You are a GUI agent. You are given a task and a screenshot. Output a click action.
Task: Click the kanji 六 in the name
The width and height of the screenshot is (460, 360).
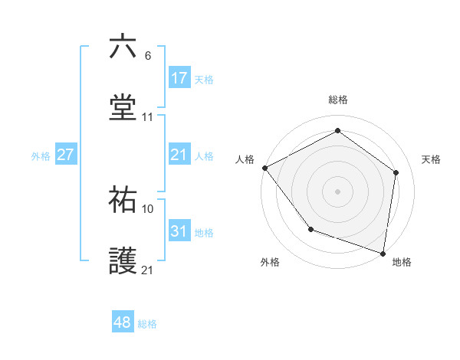[123, 47]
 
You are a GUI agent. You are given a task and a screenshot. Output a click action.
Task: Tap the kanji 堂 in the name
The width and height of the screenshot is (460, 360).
[123, 108]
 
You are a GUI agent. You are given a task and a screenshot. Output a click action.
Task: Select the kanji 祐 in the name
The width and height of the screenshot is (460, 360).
[123, 200]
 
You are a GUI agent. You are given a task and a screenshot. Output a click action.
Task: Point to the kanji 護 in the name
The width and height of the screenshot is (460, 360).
[123, 261]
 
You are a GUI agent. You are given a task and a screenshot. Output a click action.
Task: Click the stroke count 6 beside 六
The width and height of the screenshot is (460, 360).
[147, 56]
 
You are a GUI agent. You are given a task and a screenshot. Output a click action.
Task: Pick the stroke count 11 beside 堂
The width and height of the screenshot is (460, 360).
[148, 117]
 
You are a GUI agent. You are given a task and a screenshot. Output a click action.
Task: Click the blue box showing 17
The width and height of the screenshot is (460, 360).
[179, 78]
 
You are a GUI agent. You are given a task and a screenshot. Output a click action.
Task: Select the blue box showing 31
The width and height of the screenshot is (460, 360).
[179, 231]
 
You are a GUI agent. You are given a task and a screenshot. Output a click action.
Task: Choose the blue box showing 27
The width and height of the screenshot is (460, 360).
[66, 155]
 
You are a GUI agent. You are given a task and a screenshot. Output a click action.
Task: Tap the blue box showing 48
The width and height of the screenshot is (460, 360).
[123, 322]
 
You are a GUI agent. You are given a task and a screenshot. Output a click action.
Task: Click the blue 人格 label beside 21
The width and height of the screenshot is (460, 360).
[204, 155]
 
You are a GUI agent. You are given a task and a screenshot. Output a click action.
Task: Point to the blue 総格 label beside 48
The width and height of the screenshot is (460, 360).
[147, 323]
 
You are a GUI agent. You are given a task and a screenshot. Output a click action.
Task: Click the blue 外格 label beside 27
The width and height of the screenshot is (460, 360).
[41, 155]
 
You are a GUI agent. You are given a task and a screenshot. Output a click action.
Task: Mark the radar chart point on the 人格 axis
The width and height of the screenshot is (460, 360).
[264, 168]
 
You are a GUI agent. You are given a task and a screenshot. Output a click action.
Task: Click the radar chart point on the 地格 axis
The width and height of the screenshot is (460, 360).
[383, 253]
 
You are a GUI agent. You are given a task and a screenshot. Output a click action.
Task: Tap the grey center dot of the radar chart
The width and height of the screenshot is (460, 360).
[337, 191]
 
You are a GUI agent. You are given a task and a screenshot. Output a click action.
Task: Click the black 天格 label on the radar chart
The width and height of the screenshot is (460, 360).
[432, 159]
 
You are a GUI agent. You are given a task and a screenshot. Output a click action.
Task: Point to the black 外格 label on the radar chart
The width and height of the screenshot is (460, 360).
[270, 262]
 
